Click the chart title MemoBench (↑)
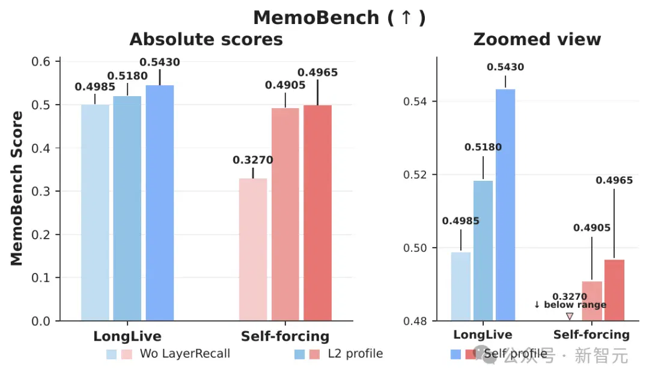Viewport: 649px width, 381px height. [340, 18]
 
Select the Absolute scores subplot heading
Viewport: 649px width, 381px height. [206, 39]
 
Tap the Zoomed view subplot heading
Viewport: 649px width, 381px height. [537, 39]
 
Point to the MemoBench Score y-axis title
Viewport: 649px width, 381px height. [17, 188]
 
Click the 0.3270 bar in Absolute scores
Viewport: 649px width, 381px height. [253, 249]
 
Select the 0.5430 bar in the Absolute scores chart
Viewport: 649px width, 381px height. [160, 203]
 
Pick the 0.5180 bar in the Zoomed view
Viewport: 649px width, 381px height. [483, 251]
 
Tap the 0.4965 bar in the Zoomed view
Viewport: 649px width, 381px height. [614, 290]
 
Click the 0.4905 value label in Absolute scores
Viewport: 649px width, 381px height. [285, 85]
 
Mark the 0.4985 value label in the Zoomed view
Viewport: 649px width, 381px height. [461, 221]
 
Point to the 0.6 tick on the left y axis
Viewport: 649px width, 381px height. [41, 62]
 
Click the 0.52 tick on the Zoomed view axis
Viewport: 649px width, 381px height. [415, 174]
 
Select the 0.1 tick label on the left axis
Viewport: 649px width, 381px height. [41, 278]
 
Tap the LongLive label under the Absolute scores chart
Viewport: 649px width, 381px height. [127, 336]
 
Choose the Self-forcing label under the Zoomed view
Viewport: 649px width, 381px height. [591, 334]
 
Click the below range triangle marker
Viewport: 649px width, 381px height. [570, 316]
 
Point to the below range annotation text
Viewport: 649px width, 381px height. [570, 305]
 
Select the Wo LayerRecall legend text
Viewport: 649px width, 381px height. [184, 353]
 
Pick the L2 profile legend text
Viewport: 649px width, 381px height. [355, 353]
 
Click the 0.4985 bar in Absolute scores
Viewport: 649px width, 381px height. [95, 213]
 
